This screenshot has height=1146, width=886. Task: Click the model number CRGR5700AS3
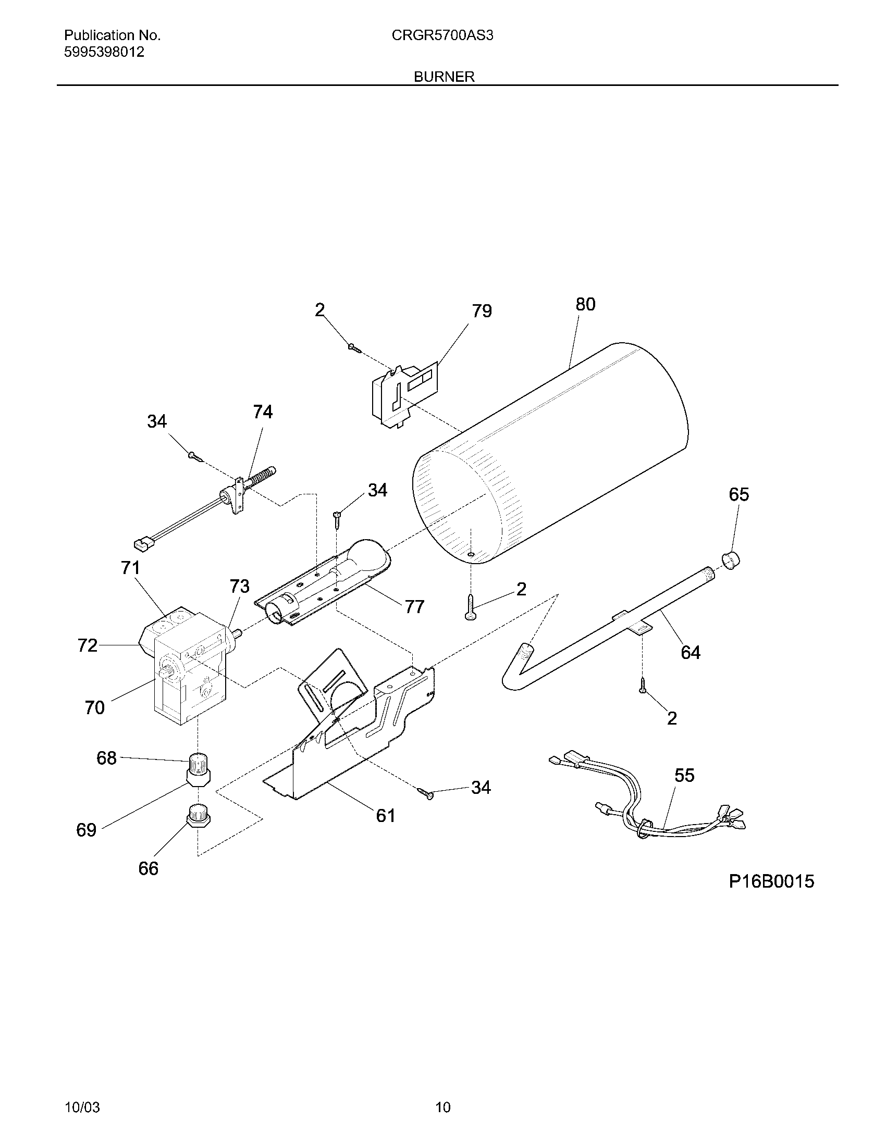pyautogui.click(x=442, y=35)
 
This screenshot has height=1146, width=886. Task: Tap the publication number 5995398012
pyautogui.click(x=104, y=53)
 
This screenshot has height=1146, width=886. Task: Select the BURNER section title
pyautogui.click(x=444, y=77)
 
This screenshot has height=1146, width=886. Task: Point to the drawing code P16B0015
pyautogui.click(x=771, y=881)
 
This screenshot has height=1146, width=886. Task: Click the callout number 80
pyautogui.click(x=585, y=304)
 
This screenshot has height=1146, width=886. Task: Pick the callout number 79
pyautogui.click(x=482, y=311)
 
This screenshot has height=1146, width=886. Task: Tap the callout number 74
pyautogui.click(x=263, y=413)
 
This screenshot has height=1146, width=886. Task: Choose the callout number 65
pyautogui.click(x=739, y=494)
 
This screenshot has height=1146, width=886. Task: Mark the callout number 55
pyautogui.click(x=684, y=776)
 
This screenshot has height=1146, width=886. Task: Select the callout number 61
pyautogui.click(x=385, y=815)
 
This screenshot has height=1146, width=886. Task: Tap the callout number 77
pyautogui.click(x=414, y=607)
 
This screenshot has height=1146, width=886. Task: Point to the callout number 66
pyautogui.click(x=148, y=869)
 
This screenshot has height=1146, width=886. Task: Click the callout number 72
pyautogui.click(x=87, y=645)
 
